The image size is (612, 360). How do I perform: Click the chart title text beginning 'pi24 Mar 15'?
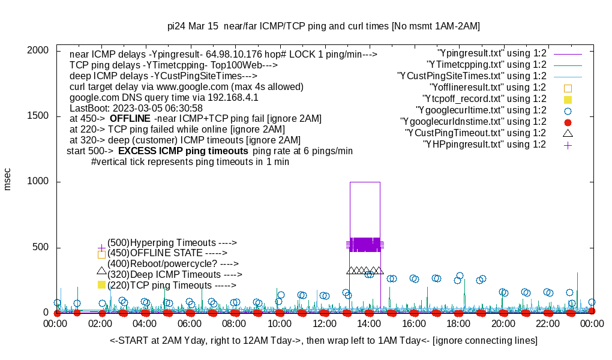coord(323,26)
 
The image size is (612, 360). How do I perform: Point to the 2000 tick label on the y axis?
coord(38,50)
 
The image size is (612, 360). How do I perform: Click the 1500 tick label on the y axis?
coord(38,116)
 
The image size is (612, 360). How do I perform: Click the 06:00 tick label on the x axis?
coord(190,324)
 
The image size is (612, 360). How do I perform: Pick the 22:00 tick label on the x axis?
coord(547,324)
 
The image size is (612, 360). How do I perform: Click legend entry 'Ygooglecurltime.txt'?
coord(481,110)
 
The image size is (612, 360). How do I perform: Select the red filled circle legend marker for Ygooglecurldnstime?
coord(568,122)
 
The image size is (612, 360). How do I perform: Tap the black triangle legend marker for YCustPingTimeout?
coord(568,133)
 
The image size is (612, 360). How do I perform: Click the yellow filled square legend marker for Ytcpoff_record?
coord(568,99)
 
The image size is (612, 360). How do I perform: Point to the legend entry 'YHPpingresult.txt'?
coord(485,144)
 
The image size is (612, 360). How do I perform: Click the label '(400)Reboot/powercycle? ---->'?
coord(173,263)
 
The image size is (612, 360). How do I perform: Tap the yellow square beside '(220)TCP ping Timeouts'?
coord(101,284)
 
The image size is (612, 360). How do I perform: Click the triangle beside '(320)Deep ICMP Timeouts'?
coord(101,271)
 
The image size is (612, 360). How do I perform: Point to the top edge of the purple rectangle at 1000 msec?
coord(365,182)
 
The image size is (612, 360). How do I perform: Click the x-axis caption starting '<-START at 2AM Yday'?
coord(323,341)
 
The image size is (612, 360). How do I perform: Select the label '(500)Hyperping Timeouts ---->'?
coord(172,242)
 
